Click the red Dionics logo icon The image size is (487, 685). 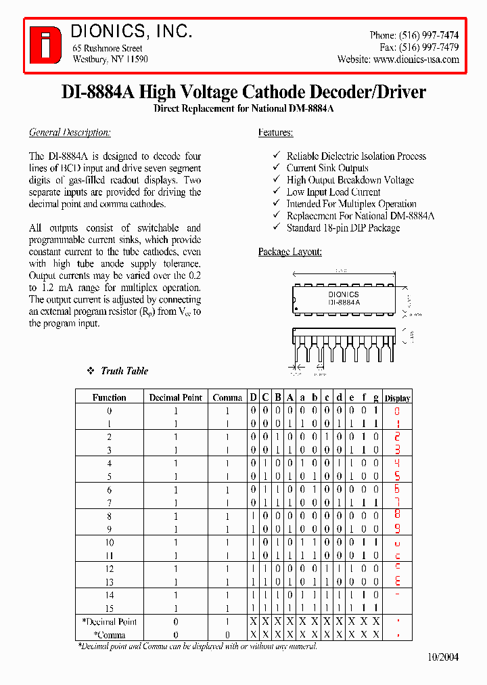47,46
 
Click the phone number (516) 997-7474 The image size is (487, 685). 433,35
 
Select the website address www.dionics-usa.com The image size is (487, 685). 416,60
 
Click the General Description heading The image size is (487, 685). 70,133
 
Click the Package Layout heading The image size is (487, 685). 290,252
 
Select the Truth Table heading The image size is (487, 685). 124,371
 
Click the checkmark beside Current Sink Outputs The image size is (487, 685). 276,168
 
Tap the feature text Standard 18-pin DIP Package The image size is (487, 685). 343,228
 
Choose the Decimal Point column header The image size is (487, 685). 175,397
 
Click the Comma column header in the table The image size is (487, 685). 227,397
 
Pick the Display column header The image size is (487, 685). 397,398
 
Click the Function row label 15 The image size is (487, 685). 109,609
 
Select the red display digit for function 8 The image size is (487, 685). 397,516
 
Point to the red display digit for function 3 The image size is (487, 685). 397,450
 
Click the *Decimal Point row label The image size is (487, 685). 109,621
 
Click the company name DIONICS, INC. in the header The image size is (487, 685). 132,31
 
